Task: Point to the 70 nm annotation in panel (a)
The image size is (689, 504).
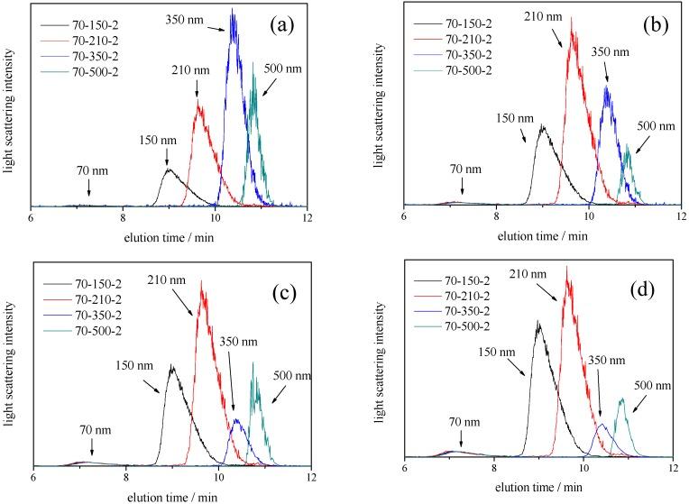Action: click(x=88, y=169)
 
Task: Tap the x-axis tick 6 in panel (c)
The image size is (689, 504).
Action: click(x=33, y=475)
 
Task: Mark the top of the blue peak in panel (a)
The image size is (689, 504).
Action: click(x=233, y=10)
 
